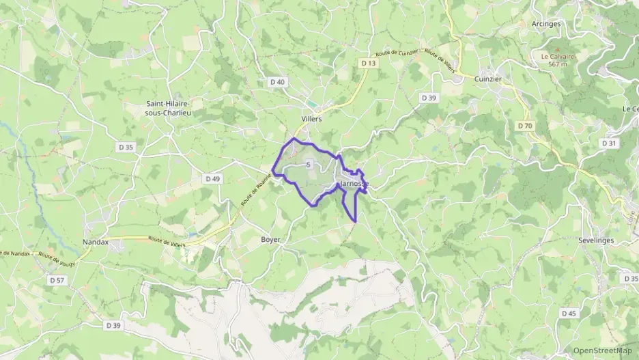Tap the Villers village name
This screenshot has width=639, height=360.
[x=311, y=118]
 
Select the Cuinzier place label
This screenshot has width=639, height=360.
[x=487, y=79]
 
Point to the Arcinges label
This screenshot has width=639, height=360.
[x=545, y=23]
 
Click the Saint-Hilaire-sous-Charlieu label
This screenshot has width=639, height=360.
[x=167, y=109]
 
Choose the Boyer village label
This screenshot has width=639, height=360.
[x=270, y=240]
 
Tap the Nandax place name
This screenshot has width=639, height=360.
[x=96, y=242]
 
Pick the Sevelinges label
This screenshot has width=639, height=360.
[x=595, y=241]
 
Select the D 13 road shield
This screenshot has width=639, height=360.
[x=369, y=63]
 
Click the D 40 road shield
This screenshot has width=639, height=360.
[x=277, y=82]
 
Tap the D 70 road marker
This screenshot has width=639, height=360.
[x=524, y=126]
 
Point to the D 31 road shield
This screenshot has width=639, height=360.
[x=609, y=143]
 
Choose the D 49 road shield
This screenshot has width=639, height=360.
[x=213, y=178]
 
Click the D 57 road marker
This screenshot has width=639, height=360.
[x=57, y=280]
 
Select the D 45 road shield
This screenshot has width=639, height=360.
[x=568, y=313]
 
